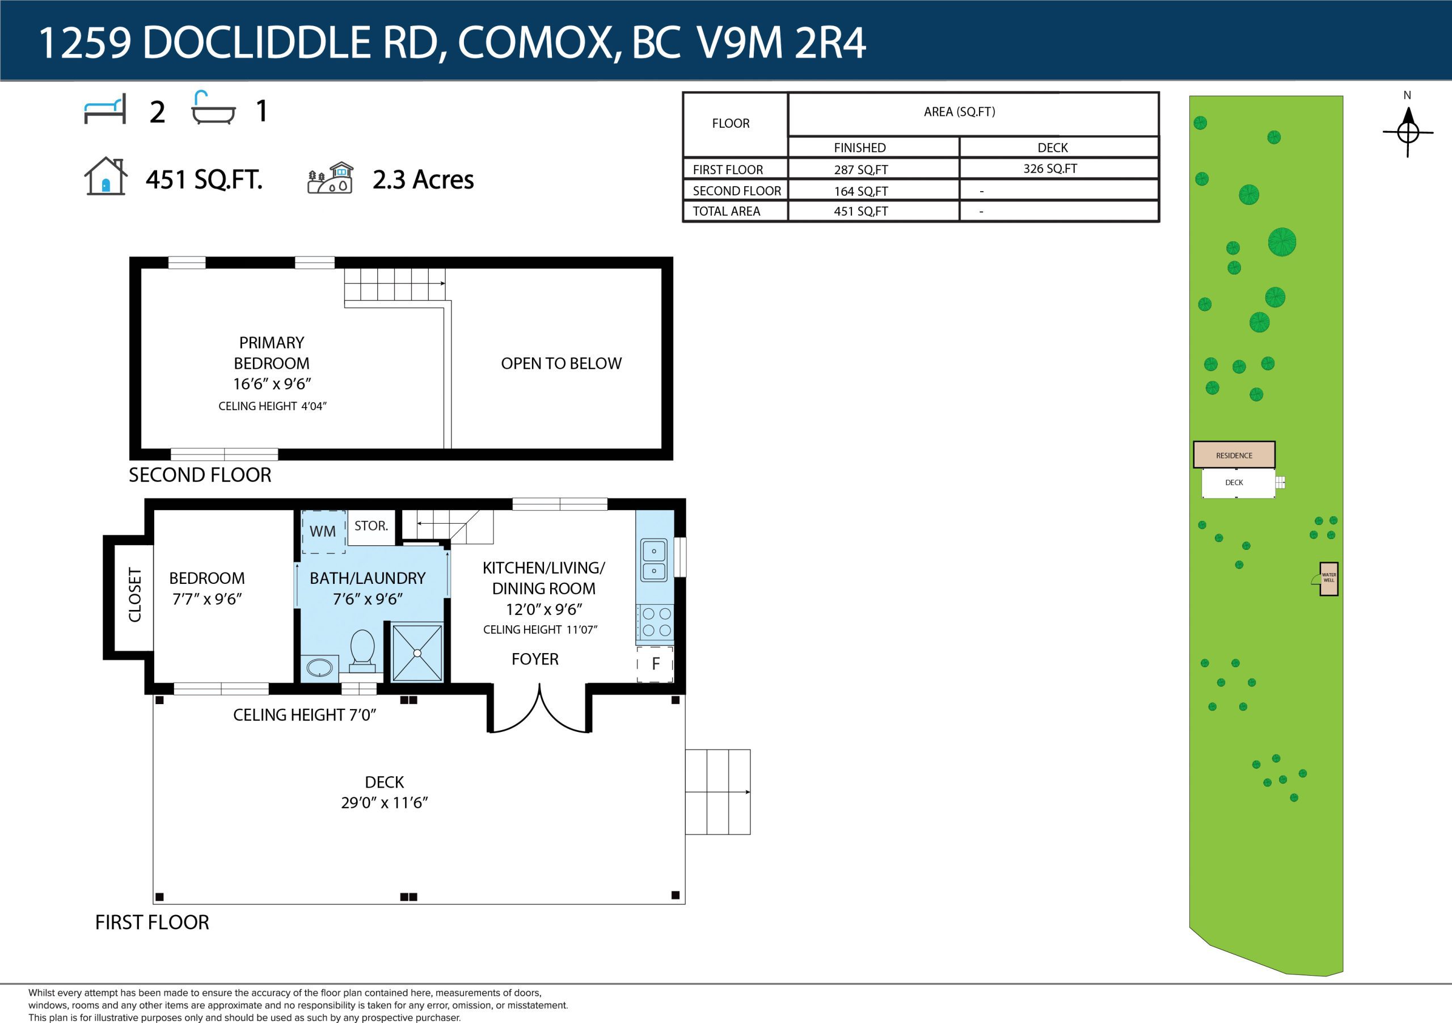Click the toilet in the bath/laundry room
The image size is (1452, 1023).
(x=362, y=649)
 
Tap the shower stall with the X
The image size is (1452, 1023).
(x=417, y=654)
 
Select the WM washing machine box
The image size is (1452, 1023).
(x=323, y=532)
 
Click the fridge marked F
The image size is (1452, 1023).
(x=655, y=664)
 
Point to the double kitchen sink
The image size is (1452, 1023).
(x=654, y=560)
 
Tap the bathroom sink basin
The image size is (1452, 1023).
(x=319, y=667)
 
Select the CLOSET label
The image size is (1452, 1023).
(x=134, y=595)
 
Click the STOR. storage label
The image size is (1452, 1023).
(x=371, y=526)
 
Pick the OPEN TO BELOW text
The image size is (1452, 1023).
(x=561, y=363)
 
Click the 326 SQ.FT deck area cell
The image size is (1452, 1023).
(x=1050, y=169)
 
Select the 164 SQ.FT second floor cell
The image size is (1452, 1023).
(x=860, y=191)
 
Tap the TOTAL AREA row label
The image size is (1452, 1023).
(x=726, y=211)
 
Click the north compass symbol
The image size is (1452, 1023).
(x=1407, y=132)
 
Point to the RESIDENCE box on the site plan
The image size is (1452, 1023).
(x=1234, y=455)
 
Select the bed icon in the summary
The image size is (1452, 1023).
(x=105, y=109)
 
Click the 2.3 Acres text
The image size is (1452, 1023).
(x=423, y=180)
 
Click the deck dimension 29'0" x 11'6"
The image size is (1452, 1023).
(x=385, y=803)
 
